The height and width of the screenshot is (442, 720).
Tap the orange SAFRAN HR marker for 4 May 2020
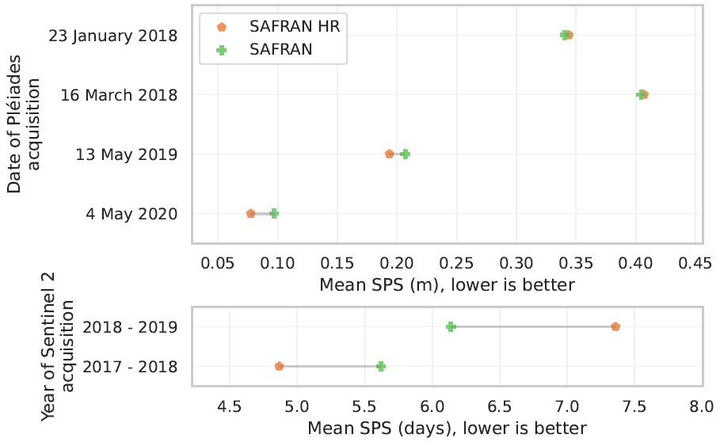[x=251, y=214]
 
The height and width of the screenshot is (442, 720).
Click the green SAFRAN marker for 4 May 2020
[x=274, y=214]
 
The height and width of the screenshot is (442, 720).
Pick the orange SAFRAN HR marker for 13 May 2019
[x=389, y=154]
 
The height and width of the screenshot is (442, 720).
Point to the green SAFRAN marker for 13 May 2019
[x=405, y=154]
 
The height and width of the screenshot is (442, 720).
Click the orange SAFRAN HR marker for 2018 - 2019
[x=615, y=326]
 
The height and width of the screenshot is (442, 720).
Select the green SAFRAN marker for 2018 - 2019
[x=451, y=326]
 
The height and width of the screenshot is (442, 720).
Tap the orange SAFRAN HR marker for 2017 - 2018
[x=279, y=366]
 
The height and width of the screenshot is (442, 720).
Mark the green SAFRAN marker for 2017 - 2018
[x=381, y=366]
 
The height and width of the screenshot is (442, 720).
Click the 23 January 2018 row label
[x=112, y=36]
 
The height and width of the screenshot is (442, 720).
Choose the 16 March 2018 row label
[x=119, y=95]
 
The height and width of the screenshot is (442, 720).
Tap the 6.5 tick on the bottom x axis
[x=499, y=408]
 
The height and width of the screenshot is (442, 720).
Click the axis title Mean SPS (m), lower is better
[x=447, y=284]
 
